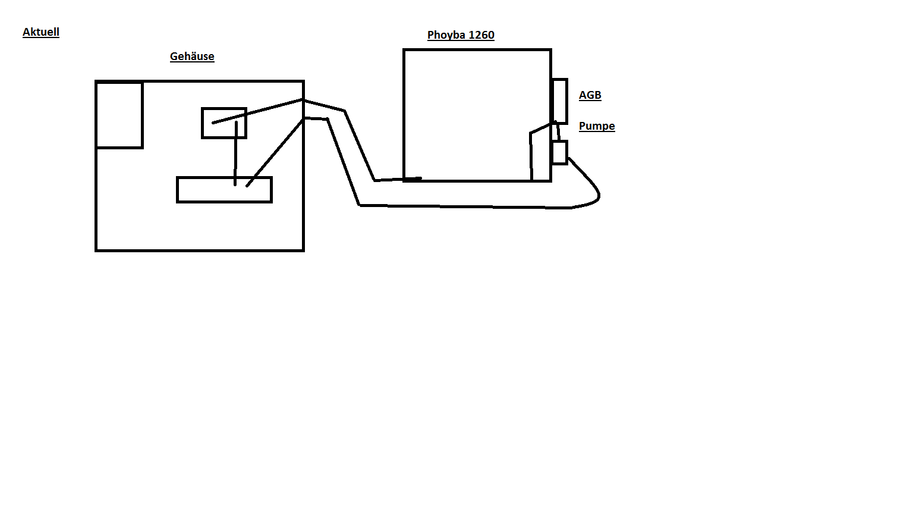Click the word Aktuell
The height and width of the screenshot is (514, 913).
click(41, 32)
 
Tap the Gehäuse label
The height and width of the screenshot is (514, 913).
click(192, 57)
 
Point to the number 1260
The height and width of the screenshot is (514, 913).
click(481, 35)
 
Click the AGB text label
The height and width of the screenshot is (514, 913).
click(590, 95)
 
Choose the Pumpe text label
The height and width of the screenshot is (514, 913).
click(597, 126)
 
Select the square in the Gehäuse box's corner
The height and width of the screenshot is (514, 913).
click(119, 115)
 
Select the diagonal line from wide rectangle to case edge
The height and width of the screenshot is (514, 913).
click(275, 151)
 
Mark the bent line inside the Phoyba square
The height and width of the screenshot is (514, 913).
click(531, 155)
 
